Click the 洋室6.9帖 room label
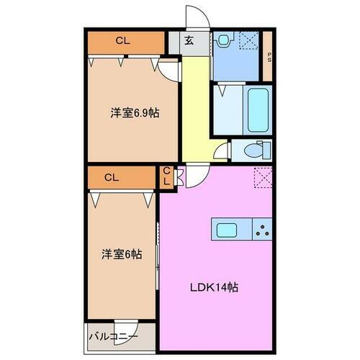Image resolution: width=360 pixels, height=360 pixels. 134,112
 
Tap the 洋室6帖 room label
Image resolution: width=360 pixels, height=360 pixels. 120,254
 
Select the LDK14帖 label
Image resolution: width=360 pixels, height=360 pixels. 214,287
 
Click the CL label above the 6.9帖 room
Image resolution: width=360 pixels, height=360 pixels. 122,41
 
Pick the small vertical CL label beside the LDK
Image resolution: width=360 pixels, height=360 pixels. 166,176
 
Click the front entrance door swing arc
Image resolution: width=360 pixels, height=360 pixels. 197,17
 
